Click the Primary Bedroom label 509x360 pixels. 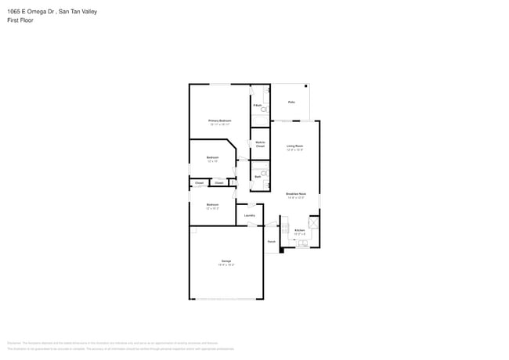pos(219,121)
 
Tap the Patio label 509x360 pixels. pos(291,102)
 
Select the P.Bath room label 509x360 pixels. pos(257,104)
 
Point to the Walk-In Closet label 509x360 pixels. pos(260,144)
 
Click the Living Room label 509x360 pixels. pos(294,146)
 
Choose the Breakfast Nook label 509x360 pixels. pos(295,193)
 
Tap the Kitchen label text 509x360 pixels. pos(299,230)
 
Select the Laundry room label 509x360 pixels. pos(250,215)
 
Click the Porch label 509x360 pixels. pos(272,242)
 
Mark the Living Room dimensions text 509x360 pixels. pos(294,149)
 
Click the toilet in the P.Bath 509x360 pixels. pos(264,110)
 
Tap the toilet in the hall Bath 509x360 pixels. pos(265,173)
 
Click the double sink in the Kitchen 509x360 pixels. pos(302,243)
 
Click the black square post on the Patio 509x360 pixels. pos(307,85)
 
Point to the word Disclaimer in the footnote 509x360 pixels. pos(14,342)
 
